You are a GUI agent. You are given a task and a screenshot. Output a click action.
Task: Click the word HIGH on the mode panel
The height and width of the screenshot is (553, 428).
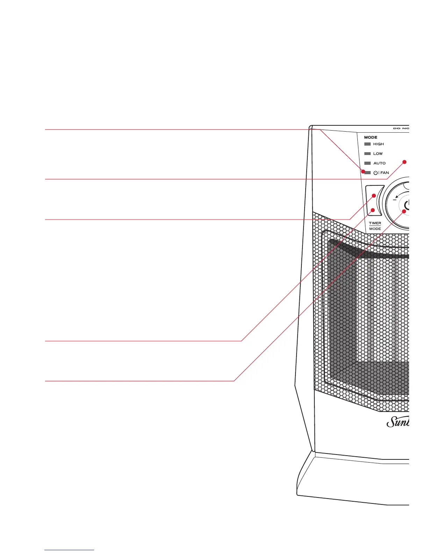point(378,144)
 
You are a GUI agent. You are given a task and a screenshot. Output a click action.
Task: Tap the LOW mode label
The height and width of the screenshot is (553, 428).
point(378,154)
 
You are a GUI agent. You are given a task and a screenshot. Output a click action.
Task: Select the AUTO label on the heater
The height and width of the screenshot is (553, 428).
point(379,163)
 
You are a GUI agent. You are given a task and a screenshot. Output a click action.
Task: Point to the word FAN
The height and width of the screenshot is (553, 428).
point(385,173)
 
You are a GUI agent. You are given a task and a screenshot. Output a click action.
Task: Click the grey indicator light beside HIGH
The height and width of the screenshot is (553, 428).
point(368,144)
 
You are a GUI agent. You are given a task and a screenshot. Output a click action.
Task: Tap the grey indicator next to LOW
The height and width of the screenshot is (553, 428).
point(368,154)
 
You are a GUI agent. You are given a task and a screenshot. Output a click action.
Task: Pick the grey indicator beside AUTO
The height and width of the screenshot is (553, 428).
point(368,163)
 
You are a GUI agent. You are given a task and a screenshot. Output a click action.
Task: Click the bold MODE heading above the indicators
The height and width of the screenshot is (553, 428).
point(371,138)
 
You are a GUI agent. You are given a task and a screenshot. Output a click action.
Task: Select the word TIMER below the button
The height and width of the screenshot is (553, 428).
point(375,223)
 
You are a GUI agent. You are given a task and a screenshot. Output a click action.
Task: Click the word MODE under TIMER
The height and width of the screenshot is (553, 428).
point(375,229)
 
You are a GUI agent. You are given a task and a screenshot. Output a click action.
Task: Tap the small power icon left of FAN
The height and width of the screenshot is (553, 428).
point(376,173)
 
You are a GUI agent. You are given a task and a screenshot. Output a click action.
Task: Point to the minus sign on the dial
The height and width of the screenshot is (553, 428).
point(395,200)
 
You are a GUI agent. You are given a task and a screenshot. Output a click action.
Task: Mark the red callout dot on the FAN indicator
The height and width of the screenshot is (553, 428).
point(363,171)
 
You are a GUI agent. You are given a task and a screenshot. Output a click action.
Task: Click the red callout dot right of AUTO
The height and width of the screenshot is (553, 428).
point(405,162)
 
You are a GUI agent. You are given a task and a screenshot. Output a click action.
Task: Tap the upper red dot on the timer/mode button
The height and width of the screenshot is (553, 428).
point(373,196)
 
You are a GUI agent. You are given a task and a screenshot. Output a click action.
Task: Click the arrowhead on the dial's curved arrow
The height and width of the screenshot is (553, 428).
point(397,196)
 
